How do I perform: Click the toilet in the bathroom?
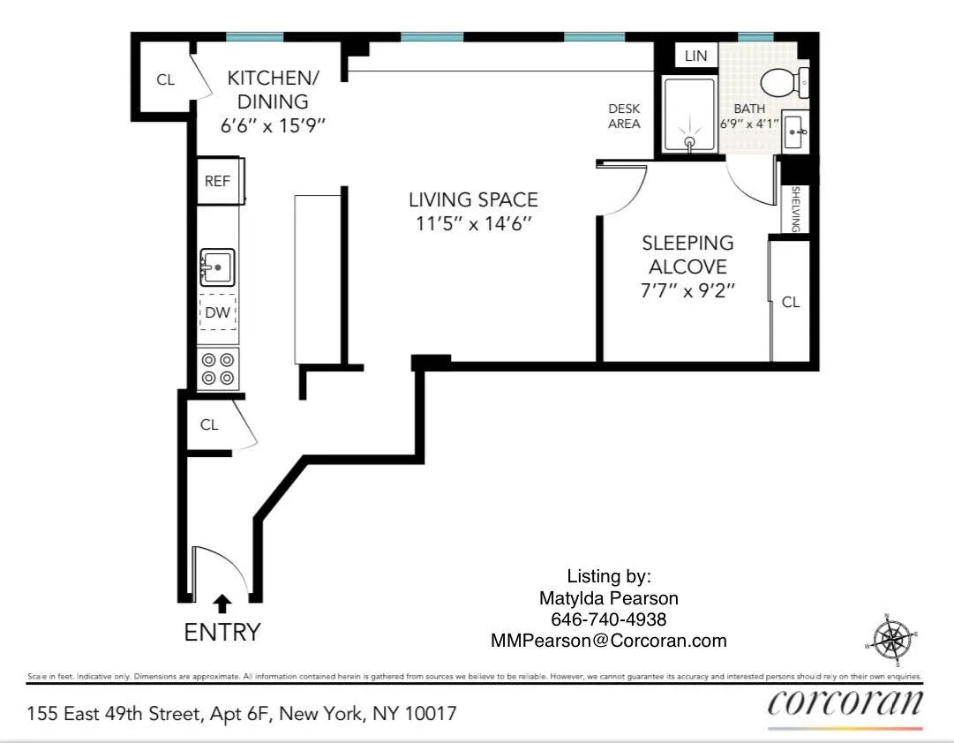[x=783, y=83]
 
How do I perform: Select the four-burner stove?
[x=218, y=369]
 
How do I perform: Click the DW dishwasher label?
[x=217, y=312]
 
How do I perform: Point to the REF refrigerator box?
[x=218, y=181]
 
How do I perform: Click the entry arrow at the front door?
[x=223, y=603]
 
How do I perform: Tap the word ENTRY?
[x=222, y=633]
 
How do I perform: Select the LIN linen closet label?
[x=695, y=56]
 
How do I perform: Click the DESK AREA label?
[x=624, y=116]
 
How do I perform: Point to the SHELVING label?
[x=794, y=208]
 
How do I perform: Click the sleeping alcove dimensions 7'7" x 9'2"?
[x=687, y=290]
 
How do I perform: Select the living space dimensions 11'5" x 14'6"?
[x=473, y=224]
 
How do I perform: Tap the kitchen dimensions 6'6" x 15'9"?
[x=273, y=125]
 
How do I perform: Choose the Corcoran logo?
[x=845, y=703]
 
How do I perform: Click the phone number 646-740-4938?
[x=608, y=619]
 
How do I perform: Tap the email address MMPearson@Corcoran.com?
[x=608, y=642]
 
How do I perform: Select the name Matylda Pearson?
[x=608, y=598]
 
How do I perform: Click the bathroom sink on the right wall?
[x=795, y=132]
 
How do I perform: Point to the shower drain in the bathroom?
[x=689, y=140]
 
